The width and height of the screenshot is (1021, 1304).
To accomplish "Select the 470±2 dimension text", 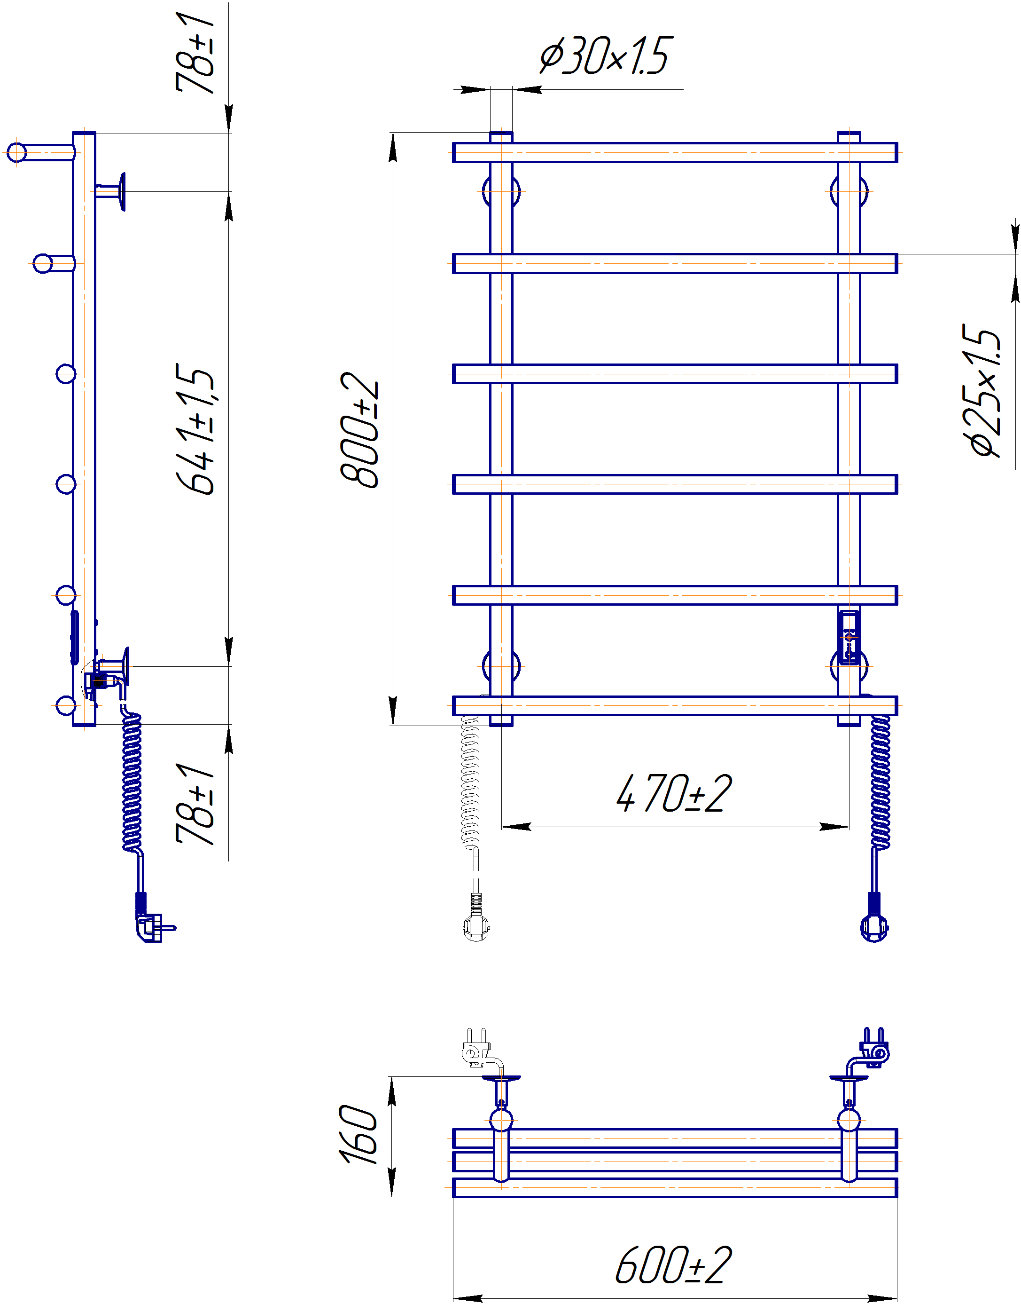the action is (674, 793).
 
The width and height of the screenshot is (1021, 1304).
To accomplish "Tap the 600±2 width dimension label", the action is (673, 1265).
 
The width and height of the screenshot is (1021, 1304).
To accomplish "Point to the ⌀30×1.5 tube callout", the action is (606, 55).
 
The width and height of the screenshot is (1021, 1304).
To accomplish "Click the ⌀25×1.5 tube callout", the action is (981, 391).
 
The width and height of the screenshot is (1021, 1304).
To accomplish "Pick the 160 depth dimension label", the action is (359, 1134).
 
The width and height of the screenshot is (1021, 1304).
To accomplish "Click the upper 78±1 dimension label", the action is (195, 53).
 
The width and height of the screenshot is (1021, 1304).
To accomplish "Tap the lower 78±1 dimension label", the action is (195, 803).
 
